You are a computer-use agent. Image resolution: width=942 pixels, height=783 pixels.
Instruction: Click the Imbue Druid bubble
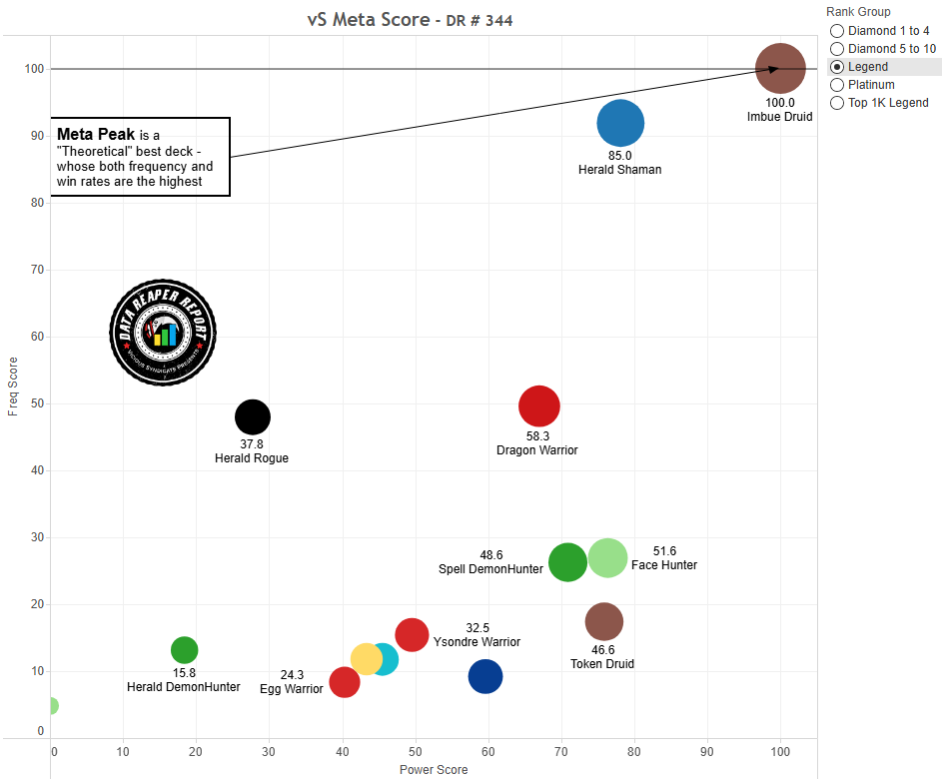(x=780, y=69)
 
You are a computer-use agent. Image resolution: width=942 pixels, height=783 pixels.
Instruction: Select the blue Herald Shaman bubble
(x=620, y=124)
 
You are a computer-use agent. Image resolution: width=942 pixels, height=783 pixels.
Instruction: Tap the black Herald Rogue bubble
(x=253, y=416)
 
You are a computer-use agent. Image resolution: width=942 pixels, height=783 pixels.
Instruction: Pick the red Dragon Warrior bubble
(x=539, y=405)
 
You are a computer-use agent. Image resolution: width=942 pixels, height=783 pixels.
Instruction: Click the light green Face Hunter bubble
(x=607, y=558)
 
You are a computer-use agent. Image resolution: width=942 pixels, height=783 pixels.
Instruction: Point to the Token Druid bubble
(x=603, y=622)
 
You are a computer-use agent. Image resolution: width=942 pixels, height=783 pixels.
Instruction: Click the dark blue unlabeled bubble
(x=485, y=676)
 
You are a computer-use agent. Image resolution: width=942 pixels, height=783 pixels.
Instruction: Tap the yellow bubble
(x=366, y=659)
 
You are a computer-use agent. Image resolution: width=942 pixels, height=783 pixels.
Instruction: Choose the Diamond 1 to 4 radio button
(x=837, y=31)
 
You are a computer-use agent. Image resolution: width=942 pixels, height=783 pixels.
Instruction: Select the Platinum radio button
(x=837, y=85)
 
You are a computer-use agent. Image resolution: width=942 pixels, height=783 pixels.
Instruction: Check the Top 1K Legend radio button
(x=837, y=103)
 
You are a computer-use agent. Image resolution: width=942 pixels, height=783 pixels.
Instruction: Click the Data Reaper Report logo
(x=163, y=332)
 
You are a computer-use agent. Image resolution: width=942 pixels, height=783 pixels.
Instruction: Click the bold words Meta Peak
(x=96, y=134)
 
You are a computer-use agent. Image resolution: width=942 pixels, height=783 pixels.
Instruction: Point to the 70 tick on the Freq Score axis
(x=37, y=270)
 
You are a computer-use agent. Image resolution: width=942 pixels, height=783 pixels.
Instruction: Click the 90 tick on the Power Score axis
(x=707, y=750)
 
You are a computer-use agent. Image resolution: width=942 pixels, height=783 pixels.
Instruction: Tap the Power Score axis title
(x=434, y=770)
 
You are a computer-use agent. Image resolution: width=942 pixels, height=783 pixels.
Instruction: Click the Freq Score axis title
(x=12, y=387)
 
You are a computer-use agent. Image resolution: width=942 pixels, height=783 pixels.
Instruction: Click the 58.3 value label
(x=537, y=436)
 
